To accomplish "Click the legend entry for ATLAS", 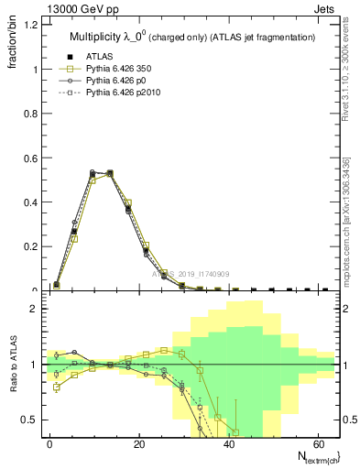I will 98,55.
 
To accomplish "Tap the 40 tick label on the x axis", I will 229,442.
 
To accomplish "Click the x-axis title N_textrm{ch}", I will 311,456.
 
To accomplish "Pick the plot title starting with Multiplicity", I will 192,38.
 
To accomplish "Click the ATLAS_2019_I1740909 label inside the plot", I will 192,274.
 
